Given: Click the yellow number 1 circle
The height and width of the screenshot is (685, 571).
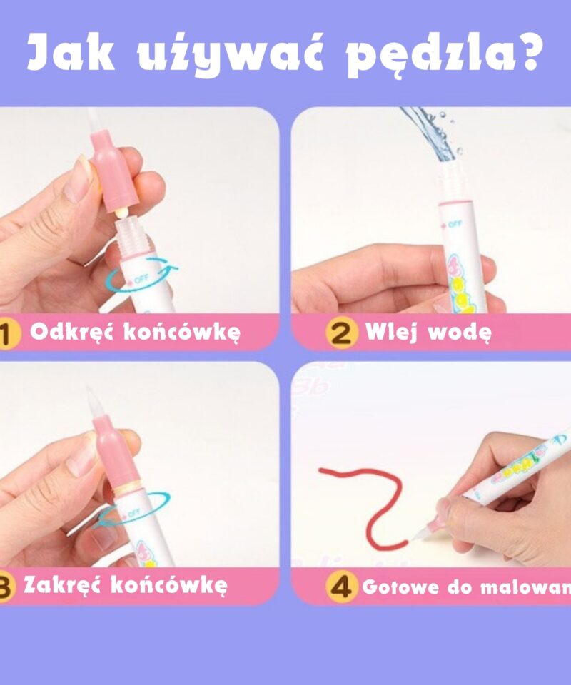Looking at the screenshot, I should point(7,334).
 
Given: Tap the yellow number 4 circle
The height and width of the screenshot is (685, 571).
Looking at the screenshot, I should point(341,587).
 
